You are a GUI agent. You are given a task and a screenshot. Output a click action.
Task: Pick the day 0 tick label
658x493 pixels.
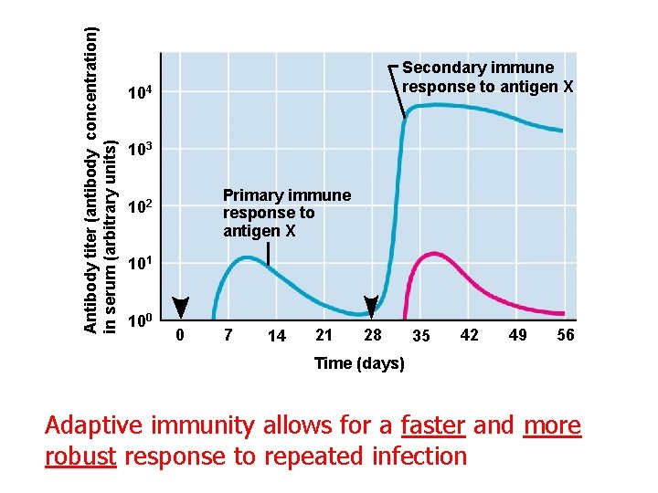tap(180, 335)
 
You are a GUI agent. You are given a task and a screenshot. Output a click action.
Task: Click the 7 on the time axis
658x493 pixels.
tap(228, 335)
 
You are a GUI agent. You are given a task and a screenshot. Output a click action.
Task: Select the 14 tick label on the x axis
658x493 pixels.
tap(277, 336)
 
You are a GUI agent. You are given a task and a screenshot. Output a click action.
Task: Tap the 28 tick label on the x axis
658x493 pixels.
tap(372, 335)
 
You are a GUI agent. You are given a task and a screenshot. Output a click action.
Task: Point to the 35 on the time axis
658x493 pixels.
tap(420, 336)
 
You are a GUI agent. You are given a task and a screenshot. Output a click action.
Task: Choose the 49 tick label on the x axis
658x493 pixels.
tap(517, 335)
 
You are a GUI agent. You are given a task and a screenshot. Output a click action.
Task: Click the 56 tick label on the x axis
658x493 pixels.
tap(566, 335)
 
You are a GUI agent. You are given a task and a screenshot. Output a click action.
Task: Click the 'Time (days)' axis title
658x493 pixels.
tap(359, 363)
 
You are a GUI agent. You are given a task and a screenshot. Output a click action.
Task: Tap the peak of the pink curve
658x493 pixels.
tap(437, 255)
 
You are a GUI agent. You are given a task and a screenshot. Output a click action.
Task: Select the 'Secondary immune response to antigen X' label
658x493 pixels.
tap(488, 78)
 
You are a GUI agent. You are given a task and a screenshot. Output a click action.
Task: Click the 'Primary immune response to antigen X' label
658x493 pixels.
tap(286, 213)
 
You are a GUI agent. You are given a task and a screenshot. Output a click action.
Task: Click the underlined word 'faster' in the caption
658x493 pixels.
tap(433, 426)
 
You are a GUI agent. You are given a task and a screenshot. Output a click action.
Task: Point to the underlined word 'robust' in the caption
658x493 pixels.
tap(80, 456)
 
